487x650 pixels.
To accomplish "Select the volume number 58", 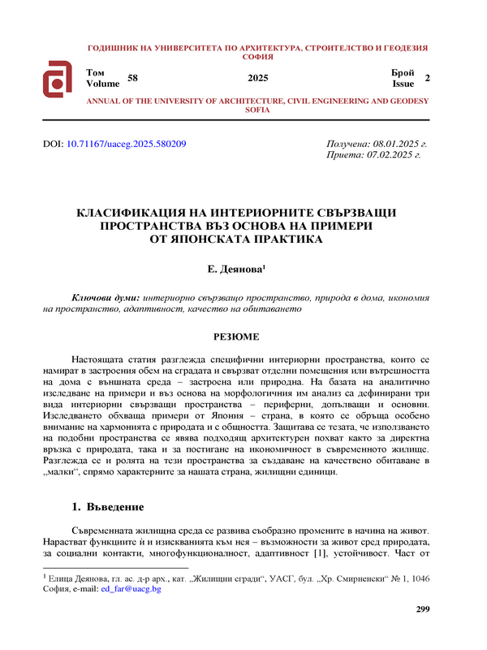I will coord(134,78).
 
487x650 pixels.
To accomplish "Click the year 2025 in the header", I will coord(257,78).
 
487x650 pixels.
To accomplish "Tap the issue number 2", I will coord(427,78).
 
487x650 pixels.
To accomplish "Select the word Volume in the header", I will coord(102,83).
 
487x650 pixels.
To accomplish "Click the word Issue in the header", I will coord(403,83).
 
